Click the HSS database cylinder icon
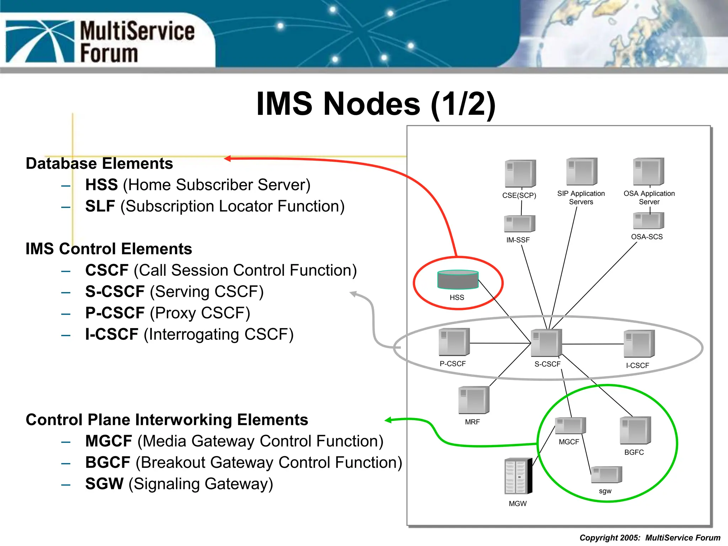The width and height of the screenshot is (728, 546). tap(458, 280)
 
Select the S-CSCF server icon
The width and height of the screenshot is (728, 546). tap(546, 343)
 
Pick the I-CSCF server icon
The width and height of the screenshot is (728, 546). tap(639, 344)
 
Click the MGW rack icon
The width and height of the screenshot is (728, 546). tap(518, 476)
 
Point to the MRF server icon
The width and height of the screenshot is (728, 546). tap(474, 400)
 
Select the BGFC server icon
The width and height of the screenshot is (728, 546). tap(635, 430)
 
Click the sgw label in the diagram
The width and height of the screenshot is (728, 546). tap(605, 491)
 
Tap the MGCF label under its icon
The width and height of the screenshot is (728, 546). tap(569, 442)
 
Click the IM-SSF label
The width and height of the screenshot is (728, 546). tap(518, 240)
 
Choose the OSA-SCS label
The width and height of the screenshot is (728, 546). tap(647, 237)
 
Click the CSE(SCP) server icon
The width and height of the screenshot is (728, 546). tap(520, 173)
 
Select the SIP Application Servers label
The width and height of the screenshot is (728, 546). tap(581, 198)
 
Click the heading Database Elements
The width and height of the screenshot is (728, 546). tap(99, 164)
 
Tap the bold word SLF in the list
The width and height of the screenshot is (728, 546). tap(100, 206)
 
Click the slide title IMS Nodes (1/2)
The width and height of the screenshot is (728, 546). tap(376, 104)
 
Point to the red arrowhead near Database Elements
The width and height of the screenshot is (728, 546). tap(228, 159)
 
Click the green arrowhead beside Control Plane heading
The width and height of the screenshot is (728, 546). tap(389, 420)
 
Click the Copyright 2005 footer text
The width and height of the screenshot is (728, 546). tap(649, 538)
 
